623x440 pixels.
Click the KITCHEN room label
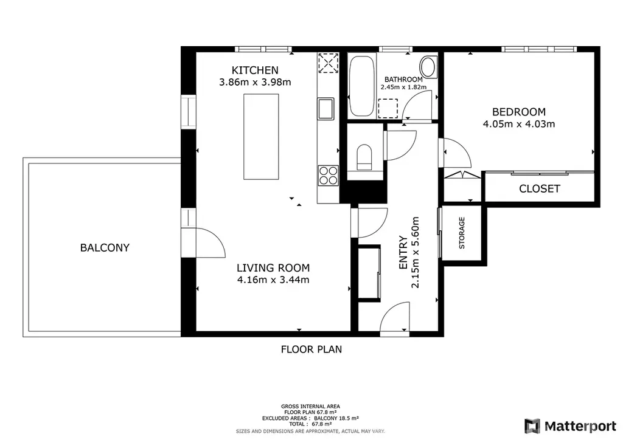click(255, 70)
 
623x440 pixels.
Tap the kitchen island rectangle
click(261, 137)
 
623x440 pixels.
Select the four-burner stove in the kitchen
click(328, 176)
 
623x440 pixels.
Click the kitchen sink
click(325, 108)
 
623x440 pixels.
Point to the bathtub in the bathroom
click(361, 86)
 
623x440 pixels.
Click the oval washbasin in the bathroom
click(428, 67)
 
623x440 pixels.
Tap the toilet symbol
click(364, 157)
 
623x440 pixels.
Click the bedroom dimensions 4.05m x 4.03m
click(518, 124)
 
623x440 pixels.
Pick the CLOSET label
click(539, 189)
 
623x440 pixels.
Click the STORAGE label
click(462, 233)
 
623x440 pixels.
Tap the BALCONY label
click(105, 247)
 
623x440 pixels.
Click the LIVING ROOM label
click(273, 268)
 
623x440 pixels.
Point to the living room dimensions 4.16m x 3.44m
click(273, 280)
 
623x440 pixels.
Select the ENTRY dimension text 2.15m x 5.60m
click(415, 252)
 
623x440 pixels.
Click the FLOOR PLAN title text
click(311, 349)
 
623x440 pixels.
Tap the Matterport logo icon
click(532, 426)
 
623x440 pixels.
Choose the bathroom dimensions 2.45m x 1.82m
click(403, 87)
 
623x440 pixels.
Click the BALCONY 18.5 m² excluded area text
click(336, 418)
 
